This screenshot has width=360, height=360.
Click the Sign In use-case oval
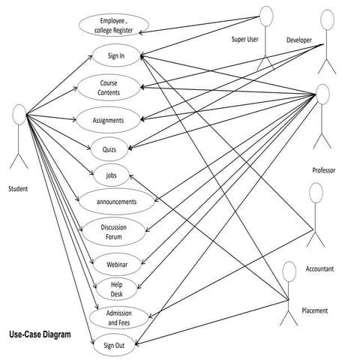pyautogui.click(x=115, y=55)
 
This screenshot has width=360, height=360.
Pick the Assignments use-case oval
pyautogui.click(x=109, y=119)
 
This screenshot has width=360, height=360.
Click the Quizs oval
pyautogui.click(x=108, y=148)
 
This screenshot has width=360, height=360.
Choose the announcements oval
pyautogui.click(x=117, y=202)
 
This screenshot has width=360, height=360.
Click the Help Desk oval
pyautogui.click(x=116, y=289)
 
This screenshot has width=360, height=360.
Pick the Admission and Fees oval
pyautogui.click(x=118, y=317)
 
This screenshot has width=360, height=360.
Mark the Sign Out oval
pyautogui.click(x=115, y=345)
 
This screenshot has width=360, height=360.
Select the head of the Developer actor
pyautogui.click(x=327, y=20)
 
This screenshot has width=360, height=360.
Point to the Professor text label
pyautogui.click(x=323, y=171)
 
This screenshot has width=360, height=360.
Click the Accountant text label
pyautogui.click(x=319, y=268)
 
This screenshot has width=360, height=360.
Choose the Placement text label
pyautogui.click(x=314, y=310)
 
